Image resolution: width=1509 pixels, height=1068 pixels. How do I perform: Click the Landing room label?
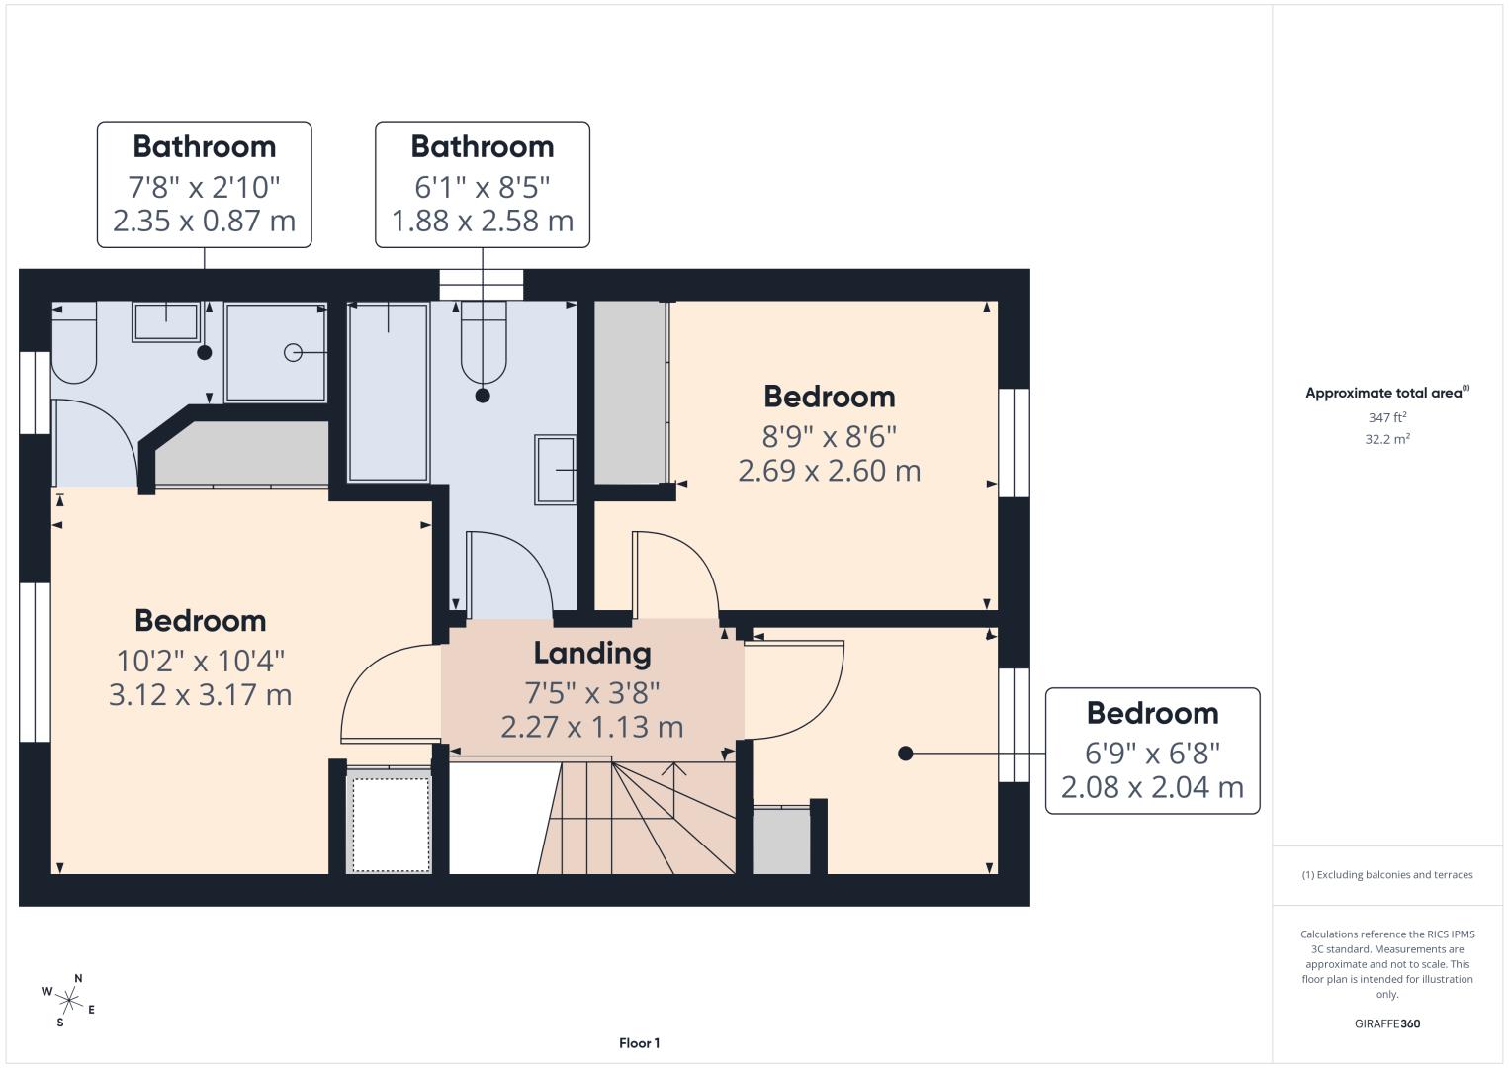(x=592, y=653)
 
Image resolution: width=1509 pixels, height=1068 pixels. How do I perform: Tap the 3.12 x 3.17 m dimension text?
(x=200, y=695)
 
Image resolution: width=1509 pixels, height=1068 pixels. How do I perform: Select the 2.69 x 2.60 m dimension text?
(x=830, y=471)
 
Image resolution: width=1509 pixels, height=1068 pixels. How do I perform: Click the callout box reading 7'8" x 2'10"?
(x=204, y=185)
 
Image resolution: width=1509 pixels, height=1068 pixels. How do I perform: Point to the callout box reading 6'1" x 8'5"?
(x=483, y=185)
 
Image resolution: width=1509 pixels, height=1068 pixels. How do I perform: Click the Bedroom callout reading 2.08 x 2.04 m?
(x=1153, y=751)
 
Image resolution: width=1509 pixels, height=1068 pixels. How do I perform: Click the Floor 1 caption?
(x=640, y=1043)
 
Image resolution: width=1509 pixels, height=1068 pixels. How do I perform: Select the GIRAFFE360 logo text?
(x=1387, y=1023)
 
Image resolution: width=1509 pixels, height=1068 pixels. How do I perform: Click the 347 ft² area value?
(x=1387, y=417)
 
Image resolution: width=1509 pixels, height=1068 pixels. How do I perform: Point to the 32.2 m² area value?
(x=1387, y=439)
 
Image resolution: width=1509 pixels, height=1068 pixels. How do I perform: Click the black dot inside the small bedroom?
(x=906, y=754)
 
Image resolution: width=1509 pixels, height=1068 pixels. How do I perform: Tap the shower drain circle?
(x=293, y=352)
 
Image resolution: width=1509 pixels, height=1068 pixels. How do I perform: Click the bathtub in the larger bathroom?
(x=388, y=393)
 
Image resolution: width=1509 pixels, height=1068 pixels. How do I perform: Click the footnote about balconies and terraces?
(x=1387, y=874)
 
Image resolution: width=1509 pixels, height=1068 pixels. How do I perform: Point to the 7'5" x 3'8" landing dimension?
(x=592, y=692)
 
